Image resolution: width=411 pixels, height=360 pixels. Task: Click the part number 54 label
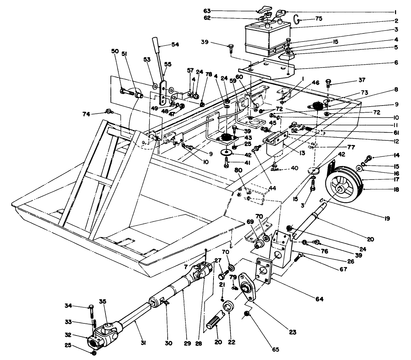[175, 44]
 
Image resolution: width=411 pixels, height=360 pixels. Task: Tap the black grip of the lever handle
[156, 44]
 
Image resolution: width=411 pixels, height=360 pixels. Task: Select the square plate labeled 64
[264, 270]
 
